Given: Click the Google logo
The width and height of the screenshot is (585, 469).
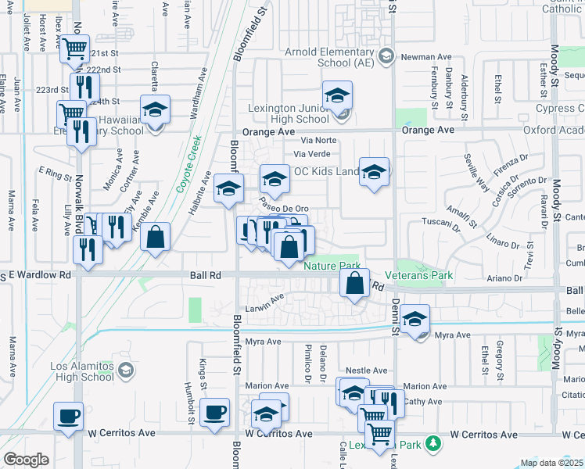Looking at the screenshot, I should (x=26, y=460).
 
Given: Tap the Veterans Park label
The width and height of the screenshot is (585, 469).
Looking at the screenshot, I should (x=425, y=276).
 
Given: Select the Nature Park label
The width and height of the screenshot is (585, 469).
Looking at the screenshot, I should (x=331, y=266).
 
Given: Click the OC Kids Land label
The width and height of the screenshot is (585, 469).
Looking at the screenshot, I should (x=325, y=171).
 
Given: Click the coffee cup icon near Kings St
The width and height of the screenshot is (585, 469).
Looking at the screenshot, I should (x=214, y=411).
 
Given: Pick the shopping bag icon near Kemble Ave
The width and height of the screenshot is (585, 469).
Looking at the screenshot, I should (x=156, y=236).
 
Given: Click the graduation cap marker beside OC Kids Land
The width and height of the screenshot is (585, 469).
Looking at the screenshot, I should (x=375, y=171).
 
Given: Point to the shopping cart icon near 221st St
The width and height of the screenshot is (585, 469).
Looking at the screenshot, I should (x=75, y=49).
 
